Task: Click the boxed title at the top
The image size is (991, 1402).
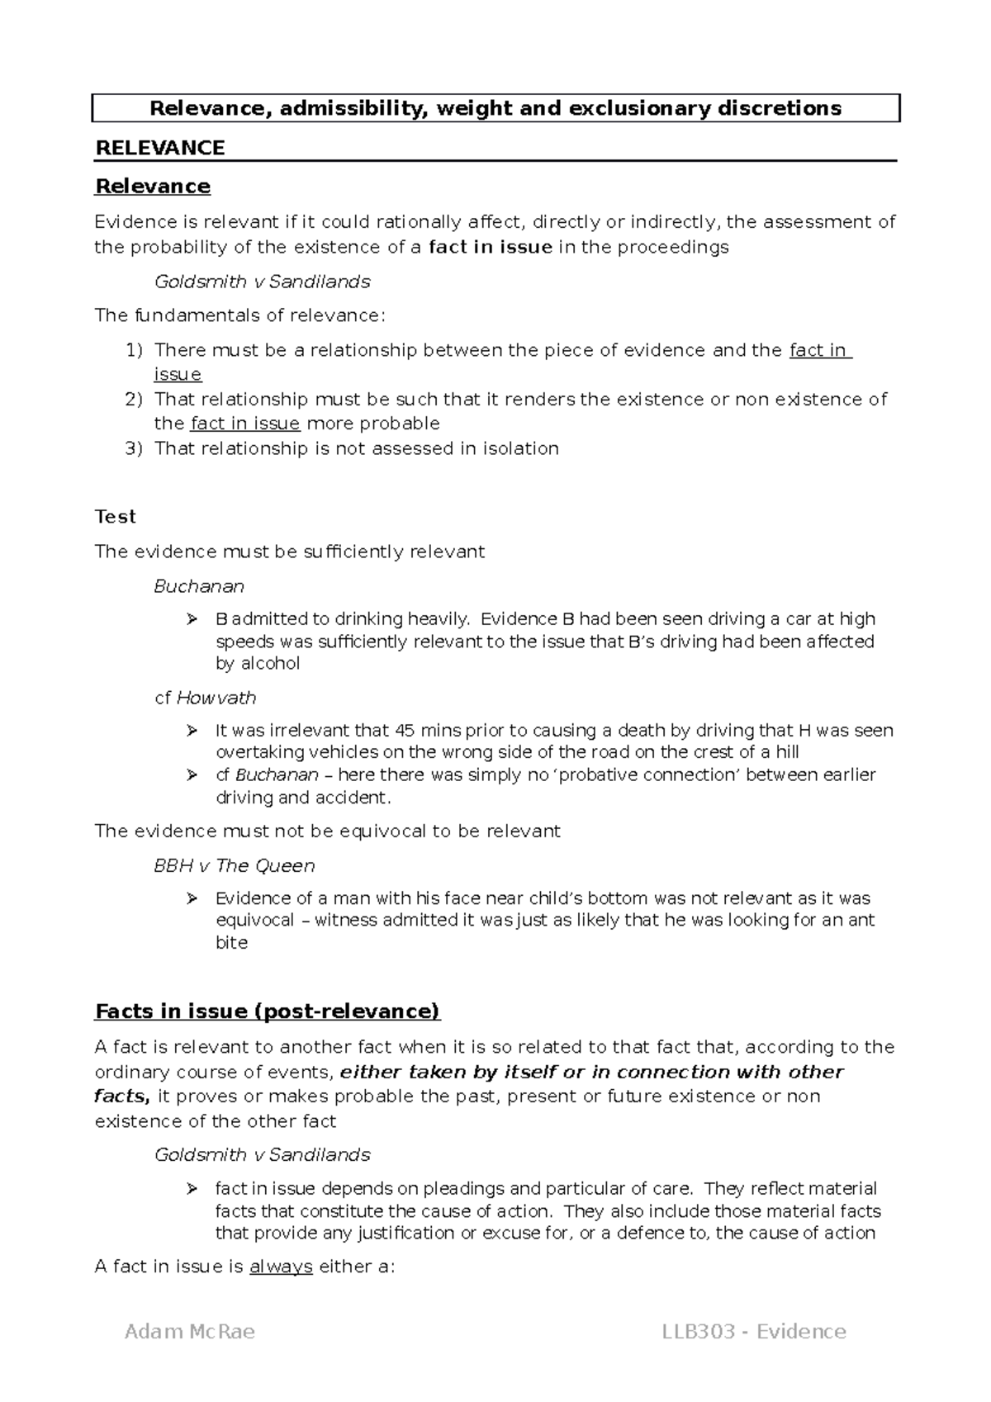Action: click(495, 108)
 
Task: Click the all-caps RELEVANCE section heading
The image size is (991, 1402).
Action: click(160, 148)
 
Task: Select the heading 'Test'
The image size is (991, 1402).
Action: click(115, 517)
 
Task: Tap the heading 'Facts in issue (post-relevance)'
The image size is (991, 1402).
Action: click(268, 1011)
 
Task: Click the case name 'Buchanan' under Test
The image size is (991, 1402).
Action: click(199, 586)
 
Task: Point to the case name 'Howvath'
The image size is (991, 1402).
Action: click(216, 698)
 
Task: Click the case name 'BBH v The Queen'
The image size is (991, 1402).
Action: click(235, 865)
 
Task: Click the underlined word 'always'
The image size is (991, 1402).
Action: click(281, 1267)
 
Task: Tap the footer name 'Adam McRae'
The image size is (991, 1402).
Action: click(190, 1331)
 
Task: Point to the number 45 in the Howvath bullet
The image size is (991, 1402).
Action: click(405, 731)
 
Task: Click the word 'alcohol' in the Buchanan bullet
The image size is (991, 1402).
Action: click(270, 663)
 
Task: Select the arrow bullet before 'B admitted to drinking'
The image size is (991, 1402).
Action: click(192, 619)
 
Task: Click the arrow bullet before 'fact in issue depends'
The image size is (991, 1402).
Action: click(192, 1189)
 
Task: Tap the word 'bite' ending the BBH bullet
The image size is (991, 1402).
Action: click(231, 942)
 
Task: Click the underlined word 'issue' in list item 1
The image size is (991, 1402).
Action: click(178, 375)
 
